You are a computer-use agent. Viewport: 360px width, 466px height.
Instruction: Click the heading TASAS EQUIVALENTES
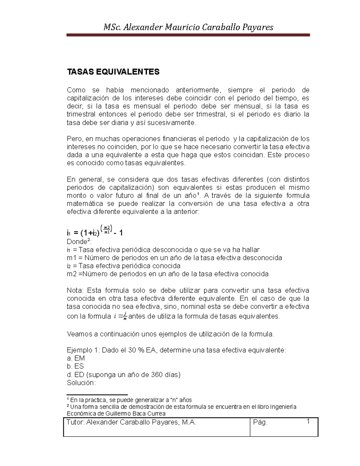click(x=113, y=72)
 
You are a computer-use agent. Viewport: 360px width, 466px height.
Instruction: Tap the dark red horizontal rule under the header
click(x=188, y=35)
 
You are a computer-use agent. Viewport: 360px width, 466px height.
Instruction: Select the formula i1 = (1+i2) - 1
click(x=95, y=232)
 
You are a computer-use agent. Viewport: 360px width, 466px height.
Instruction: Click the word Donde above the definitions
click(x=76, y=242)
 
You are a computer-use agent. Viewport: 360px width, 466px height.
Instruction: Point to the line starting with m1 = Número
click(x=174, y=258)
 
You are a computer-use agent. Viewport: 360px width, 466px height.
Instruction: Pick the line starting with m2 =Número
click(x=167, y=274)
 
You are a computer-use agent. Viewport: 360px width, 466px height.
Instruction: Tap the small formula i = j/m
click(x=120, y=316)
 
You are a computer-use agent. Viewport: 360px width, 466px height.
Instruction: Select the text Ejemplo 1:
click(x=83, y=350)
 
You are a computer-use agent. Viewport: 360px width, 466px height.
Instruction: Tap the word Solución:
click(x=81, y=383)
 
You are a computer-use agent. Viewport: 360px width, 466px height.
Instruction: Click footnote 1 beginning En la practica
click(x=129, y=400)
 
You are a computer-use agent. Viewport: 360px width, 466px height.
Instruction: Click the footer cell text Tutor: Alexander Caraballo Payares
click(x=131, y=422)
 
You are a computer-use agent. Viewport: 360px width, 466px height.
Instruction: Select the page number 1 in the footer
click(x=308, y=422)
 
